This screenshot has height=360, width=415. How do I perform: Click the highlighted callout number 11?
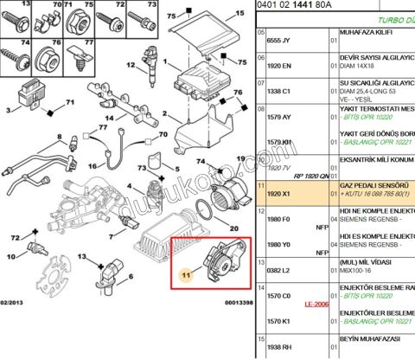point(184,273)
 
